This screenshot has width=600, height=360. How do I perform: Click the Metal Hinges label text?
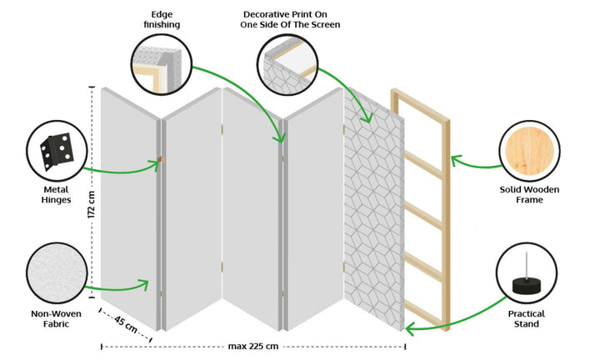coord(56,194)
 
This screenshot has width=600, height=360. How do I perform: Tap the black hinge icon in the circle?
coord(57,151)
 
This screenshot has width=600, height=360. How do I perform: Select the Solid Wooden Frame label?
coord(530,195)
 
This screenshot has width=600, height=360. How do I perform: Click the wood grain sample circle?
coord(530,149)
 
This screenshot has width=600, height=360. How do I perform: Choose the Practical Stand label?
coord(527,319)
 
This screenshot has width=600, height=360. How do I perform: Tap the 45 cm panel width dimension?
coord(126,324)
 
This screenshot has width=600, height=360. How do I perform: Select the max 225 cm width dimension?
coord(252,346)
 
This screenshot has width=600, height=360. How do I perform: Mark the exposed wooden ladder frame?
coord(423,208)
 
